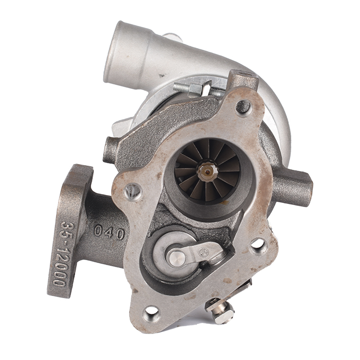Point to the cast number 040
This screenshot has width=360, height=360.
coord(110,231)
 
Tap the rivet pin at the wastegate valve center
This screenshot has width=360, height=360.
coord(176,258)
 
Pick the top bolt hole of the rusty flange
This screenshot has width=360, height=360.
coord(244,107)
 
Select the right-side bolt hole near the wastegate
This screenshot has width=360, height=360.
coord(258,245)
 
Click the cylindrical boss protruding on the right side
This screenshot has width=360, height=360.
coord(294,186)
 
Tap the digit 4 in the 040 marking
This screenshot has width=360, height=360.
coord(110,232)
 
